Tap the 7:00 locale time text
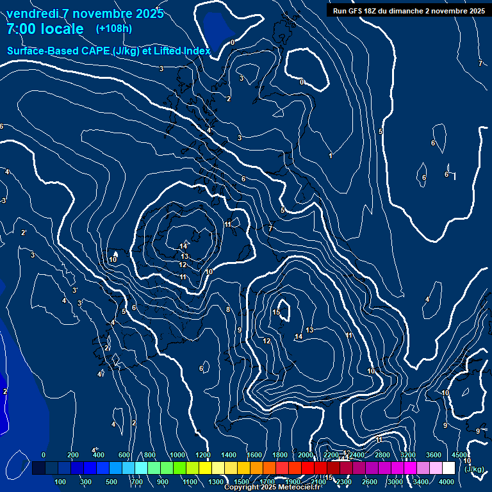[x=45, y=29]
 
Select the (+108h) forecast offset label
[x=114, y=28]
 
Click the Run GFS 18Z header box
[x=409, y=11]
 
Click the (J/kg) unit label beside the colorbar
[x=473, y=469]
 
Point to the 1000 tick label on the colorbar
[x=177, y=455]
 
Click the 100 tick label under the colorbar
[x=61, y=482]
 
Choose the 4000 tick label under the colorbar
[x=447, y=482]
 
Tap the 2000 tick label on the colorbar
[x=306, y=455]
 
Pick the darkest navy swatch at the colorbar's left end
[x=38, y=468]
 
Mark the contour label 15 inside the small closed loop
[x=276, y=312]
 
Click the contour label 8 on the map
[x=227, y=309]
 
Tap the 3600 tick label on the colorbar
[x=434, y=455]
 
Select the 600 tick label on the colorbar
[x=124, y=455]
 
